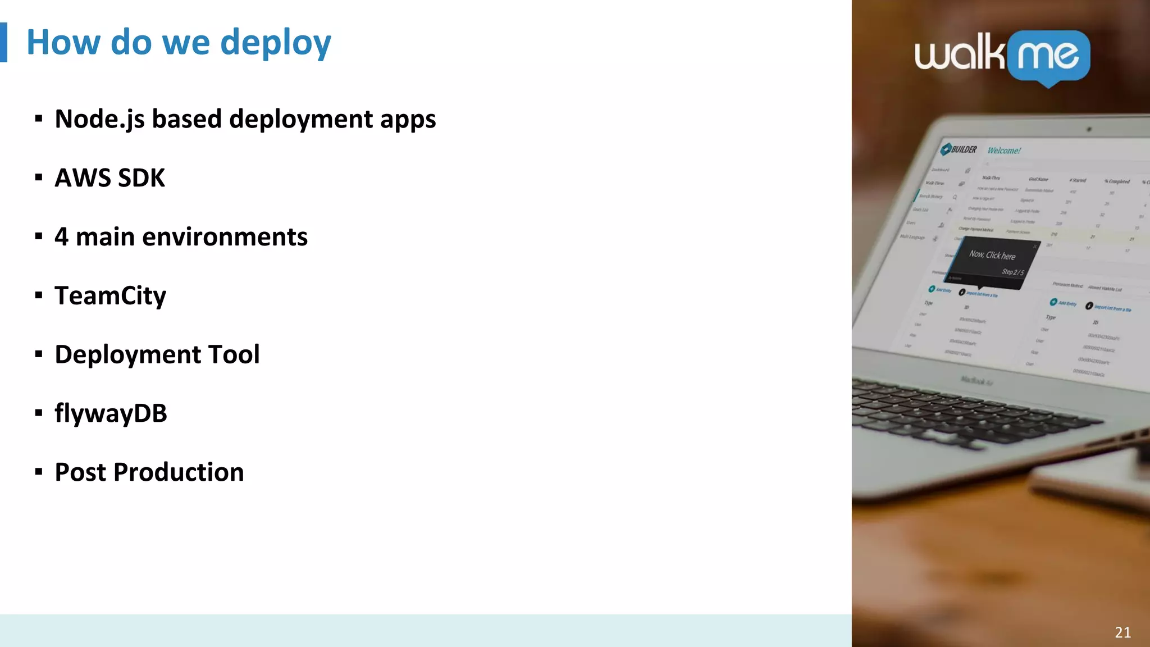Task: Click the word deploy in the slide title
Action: coord(275,44)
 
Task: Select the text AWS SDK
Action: coord(109,178)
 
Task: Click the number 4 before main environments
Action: coord(61,237)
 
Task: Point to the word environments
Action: coord(225,237)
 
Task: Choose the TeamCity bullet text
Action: coord(110,296)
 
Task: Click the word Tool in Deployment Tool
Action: coord(234,354)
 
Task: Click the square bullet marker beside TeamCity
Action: coord(39,295)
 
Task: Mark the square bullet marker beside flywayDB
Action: coord(39,413)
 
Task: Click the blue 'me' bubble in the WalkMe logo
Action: coord(1048,56)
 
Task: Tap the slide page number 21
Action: coord(1122,632)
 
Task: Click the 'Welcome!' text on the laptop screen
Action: coord(1004,151)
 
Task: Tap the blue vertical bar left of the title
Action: coord(3,42)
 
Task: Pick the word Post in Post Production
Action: coord(80,472)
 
